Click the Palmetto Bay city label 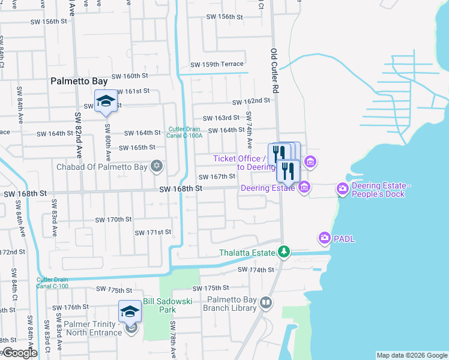(x=79, y=80)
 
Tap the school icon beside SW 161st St (x=106, y=101)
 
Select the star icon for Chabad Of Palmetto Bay (x=157, y=166)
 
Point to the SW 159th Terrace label (x=217, y=64)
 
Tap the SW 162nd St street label (x=251, y=102)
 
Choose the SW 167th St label (x=217, y=176)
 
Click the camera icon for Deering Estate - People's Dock (x=342, y=189)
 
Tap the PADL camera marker (x=325, y=238)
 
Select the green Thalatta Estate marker (x=286, y=253)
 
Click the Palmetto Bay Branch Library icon (x=265, y=304)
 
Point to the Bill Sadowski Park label (x=167, y=305)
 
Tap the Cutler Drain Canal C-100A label (x=185, y=132)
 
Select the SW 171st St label (x=153, y=232)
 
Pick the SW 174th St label (x=256, y=270)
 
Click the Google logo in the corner (x=19, y=353)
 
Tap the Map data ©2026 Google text (x=412, y=355)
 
